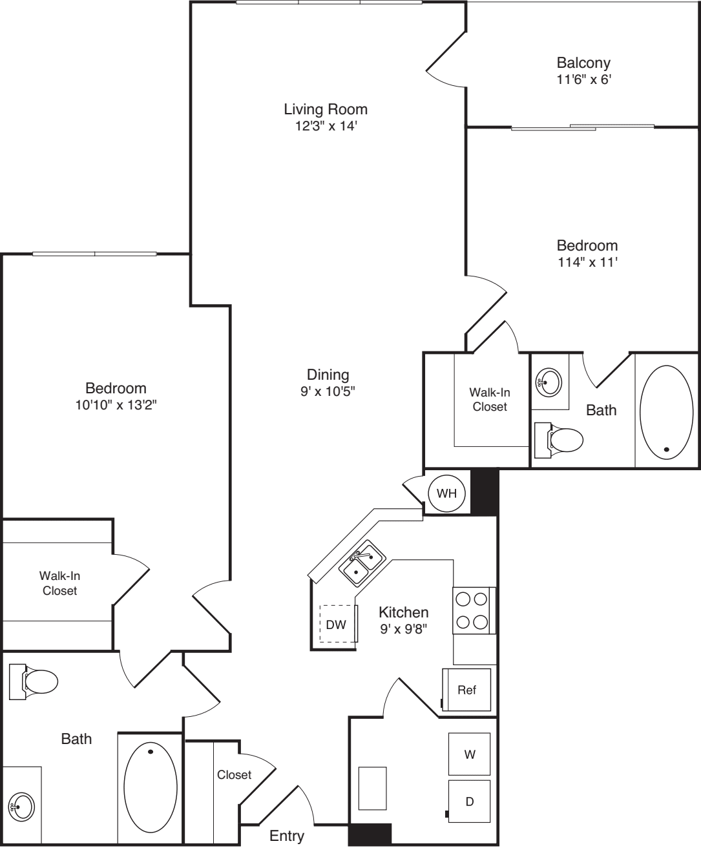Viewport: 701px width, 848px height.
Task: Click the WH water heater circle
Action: (x=446, y=493)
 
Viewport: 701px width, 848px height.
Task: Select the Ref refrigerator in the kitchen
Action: (x=466, y=690)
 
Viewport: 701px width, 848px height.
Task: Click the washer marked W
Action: (x=470, y=754)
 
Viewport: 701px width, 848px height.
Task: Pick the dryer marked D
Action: (x=470, y=801)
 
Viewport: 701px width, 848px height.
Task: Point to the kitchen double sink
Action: (x=362, y=562)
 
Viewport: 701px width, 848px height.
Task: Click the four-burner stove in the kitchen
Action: (x=472, y=611)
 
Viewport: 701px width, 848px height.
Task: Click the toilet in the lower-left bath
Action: (x=35, y=681)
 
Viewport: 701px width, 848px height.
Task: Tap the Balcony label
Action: (x=583, y=63)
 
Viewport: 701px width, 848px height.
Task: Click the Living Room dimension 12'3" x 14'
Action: (x=326, y=126)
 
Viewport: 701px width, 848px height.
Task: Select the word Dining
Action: (x=328, y=375)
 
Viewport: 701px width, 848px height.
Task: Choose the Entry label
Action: (x=287, y=836)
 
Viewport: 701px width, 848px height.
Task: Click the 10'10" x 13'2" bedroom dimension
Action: (x=116, y=405)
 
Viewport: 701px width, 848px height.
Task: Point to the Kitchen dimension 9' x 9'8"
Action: (x=403, y=628)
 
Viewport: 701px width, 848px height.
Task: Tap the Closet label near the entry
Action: (x=234, y=774)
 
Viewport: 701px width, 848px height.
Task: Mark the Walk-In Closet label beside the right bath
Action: (x=489, y=399)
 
